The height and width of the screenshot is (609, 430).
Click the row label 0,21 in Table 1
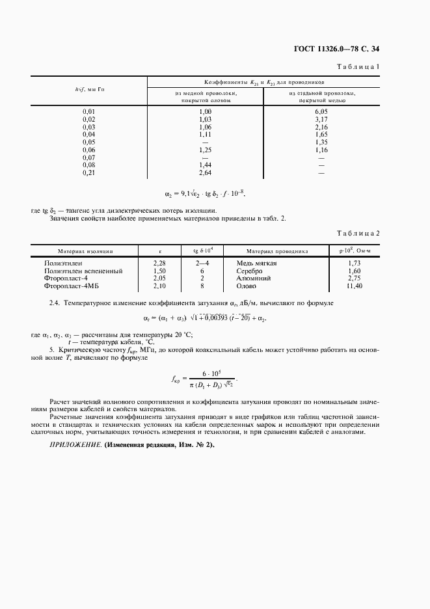tap(89, 173)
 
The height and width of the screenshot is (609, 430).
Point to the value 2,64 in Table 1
tap(206, 173)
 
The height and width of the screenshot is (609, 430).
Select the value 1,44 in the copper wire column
tap(206, 165)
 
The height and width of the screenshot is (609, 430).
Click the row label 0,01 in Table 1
tap(89, 112)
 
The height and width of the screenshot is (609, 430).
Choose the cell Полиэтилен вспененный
tap(83, 271)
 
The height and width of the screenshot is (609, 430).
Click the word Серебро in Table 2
tap(250, 271)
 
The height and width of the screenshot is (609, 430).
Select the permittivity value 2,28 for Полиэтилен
tap(160, 263)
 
